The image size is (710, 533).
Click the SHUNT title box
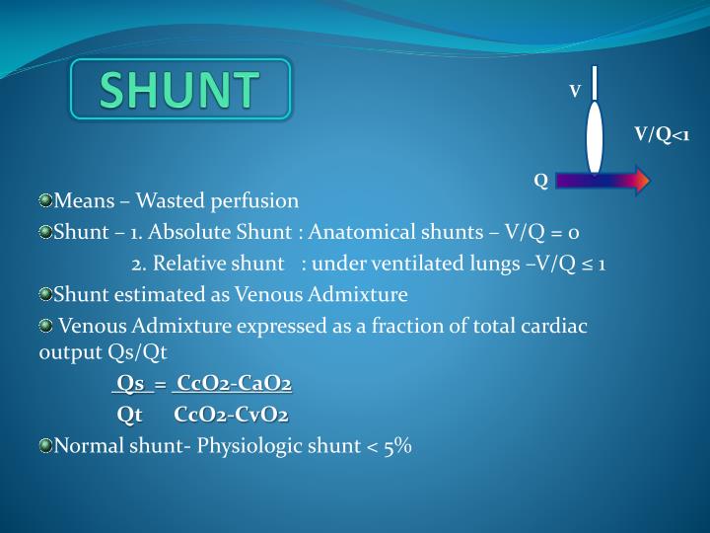tap(180, 90)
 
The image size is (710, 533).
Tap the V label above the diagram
tap(575, 92)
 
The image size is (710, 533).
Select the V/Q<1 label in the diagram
tap(661, 134)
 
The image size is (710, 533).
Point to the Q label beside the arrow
tap(540, 181)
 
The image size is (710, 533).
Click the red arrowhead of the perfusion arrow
tap(640, 180)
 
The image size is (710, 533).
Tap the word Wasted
tap(168, 201)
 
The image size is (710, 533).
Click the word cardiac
tap(555, 326)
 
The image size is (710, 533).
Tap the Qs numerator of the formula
tap(130, 383)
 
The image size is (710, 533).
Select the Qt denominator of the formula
tap(130, 415)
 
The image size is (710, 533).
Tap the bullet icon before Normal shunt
tap(45, 446)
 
